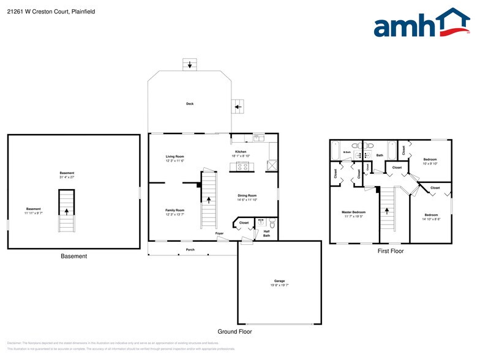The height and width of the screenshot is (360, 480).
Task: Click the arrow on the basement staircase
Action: point(66,211)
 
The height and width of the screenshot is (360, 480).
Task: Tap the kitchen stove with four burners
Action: point(243,165)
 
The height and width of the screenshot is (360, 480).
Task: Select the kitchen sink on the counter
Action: point(258,137)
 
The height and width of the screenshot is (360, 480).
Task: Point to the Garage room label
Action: point(279,282)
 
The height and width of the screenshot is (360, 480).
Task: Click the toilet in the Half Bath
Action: point(272,225)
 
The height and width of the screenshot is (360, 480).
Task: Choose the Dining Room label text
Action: point(247,196)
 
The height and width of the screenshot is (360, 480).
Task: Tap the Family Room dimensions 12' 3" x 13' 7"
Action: point(174,214)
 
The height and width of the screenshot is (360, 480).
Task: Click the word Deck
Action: point(190,104)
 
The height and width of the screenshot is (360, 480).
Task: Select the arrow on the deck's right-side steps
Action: point(238,107)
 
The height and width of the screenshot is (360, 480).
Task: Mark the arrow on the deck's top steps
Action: point(190,64)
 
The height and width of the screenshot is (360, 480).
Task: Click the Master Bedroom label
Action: point(353,212)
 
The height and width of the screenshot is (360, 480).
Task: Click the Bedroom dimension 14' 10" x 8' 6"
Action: point(431,219)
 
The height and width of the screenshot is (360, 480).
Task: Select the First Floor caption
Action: point(391,250)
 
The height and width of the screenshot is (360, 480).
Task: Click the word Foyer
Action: point(219,234)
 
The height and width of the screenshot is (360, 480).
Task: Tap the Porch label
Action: point(190,250)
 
